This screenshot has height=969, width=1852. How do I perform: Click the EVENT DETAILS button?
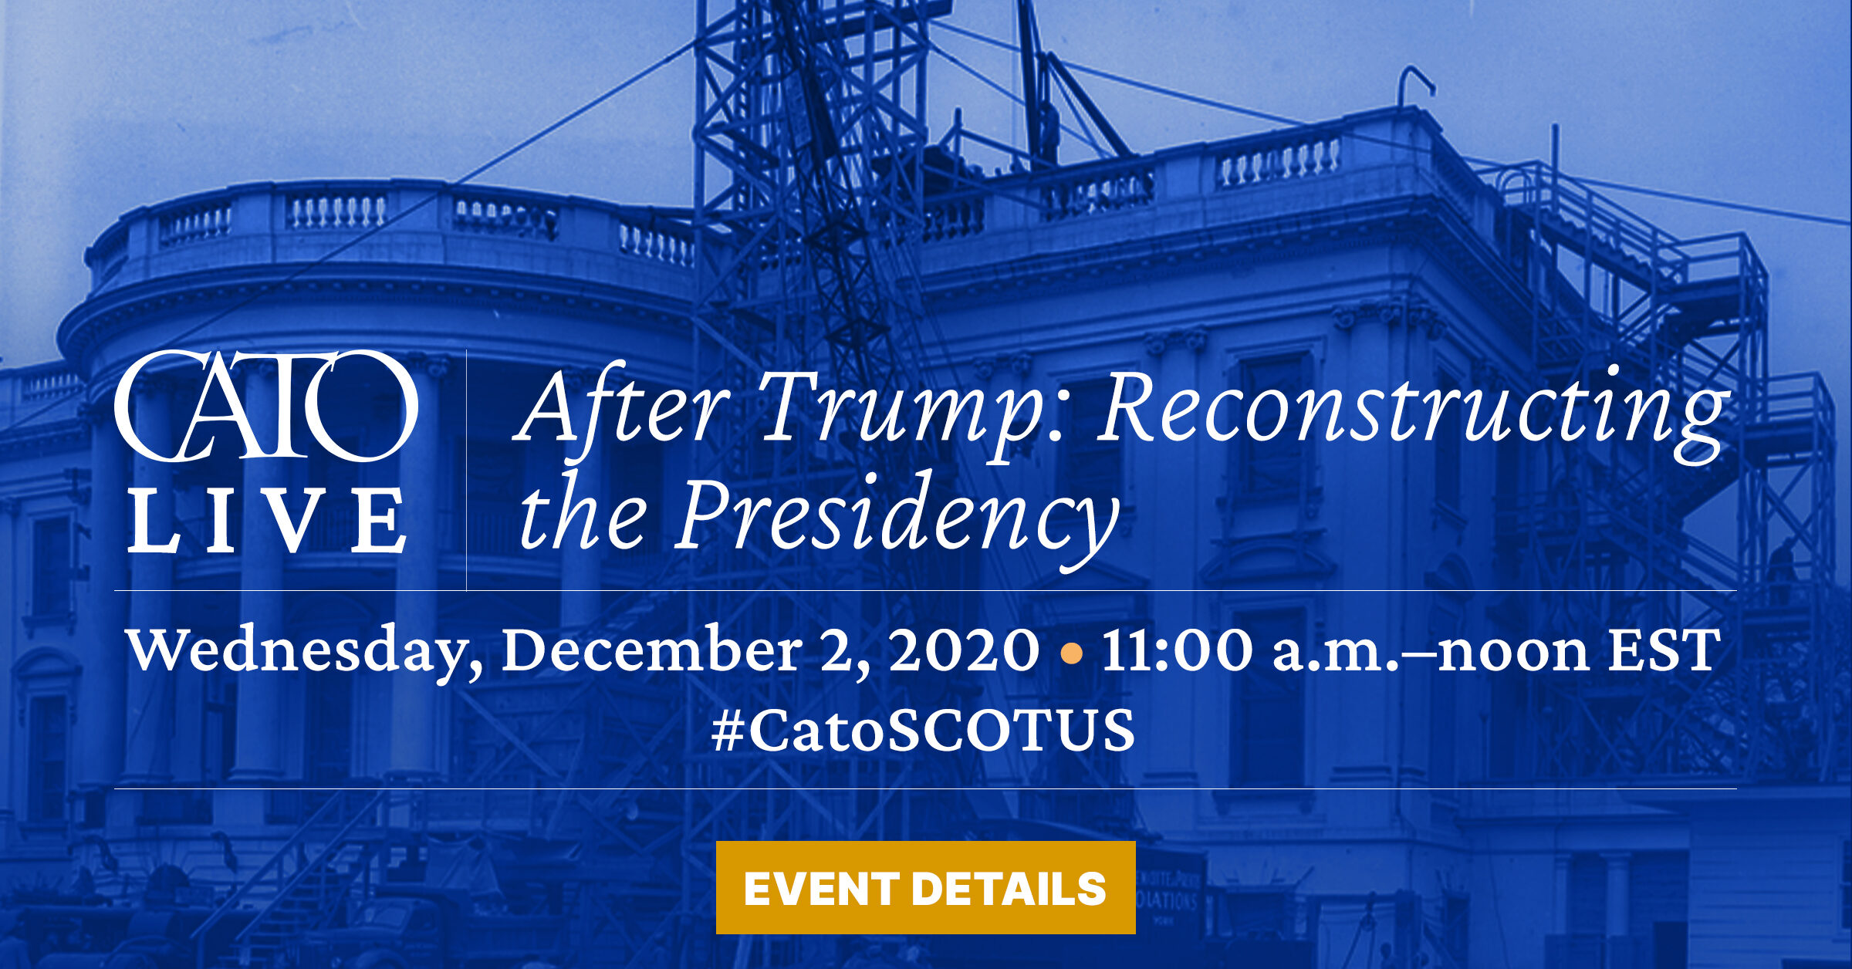tap(925, 887)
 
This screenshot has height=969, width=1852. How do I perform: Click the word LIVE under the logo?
tap(267, 520)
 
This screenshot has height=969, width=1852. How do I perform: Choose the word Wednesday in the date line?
tap(306, 652)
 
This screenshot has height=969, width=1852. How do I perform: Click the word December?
tap(651, 650)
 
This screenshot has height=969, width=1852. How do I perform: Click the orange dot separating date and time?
tap(1071, 654)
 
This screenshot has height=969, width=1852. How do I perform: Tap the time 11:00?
tap(1177, 650)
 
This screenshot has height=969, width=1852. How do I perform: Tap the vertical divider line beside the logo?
tap(466, 470)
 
